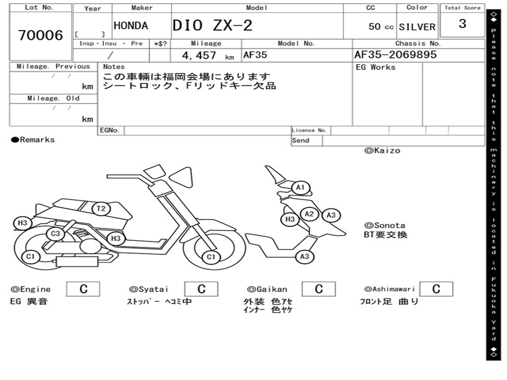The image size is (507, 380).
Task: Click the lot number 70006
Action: tap(41, 35)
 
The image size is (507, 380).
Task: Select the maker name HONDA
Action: tap(131, 26)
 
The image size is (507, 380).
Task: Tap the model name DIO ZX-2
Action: tap(212, 25)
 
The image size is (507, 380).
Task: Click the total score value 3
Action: tap(462, 24)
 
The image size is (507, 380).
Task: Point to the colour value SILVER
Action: tap(417, 27)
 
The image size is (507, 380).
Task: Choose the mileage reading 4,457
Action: tap(199, 55)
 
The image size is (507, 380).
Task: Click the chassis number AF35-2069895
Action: tap(396, 54)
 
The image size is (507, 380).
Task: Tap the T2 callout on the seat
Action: tap(101, 209)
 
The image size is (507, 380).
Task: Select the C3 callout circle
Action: tap(55, 234)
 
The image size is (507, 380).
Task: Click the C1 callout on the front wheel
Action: tap(211, 257)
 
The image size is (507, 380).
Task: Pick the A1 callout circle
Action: tap(301, 188)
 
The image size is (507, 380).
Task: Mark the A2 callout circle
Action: tap(309, 214)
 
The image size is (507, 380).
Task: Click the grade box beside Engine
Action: tap(83, 289)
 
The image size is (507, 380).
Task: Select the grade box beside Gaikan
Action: tap(319, 289)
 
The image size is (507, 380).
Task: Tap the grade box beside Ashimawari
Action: tap(436, 289)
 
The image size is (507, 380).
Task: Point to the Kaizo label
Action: tap(382, 150)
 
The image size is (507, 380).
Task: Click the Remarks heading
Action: tap(33, 140)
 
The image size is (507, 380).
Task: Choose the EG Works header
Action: tap(376, 67)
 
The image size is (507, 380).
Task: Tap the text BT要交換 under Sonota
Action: tap(385, 235)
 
